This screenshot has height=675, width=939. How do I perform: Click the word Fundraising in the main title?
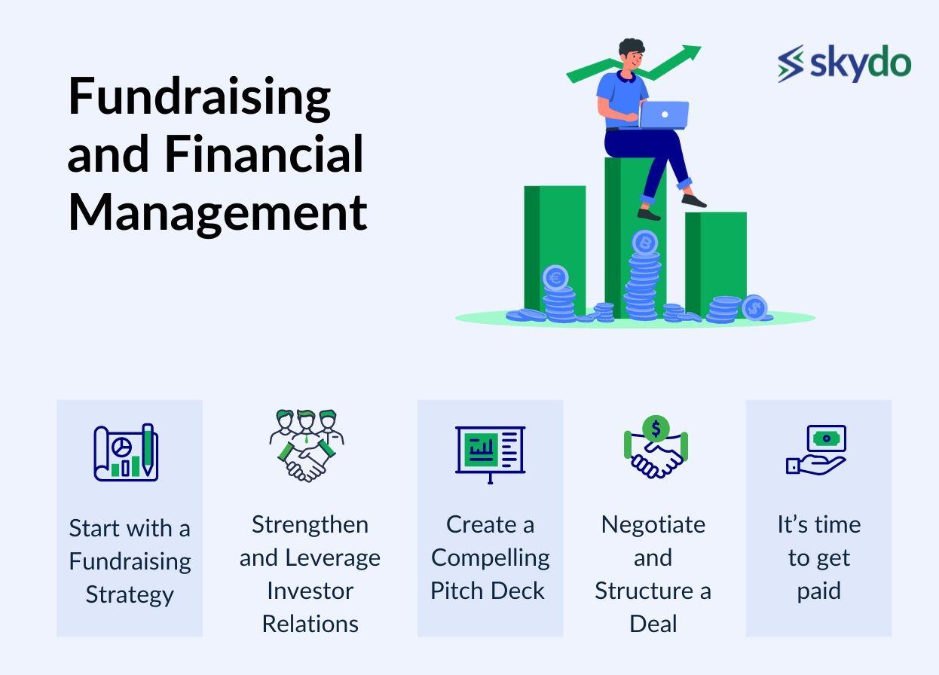coord(200,98)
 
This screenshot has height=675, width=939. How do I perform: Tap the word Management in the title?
coord(218,214)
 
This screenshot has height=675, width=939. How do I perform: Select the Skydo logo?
coord(844,64)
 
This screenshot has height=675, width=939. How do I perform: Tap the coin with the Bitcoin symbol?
coord(645,242)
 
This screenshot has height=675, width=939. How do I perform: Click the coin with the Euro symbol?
coord(556,277)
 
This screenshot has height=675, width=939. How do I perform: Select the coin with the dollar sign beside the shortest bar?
coord(754,307)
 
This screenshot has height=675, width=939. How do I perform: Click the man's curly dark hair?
coord(632,46)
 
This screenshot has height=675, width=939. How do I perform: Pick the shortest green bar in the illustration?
coord(716,264)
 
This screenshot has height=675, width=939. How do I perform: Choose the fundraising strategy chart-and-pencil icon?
coord(126,452)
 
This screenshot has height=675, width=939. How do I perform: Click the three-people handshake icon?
coord(307,445)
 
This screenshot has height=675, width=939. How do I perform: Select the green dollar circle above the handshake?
coord(656,429)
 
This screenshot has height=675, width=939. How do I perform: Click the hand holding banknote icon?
coord(816,450)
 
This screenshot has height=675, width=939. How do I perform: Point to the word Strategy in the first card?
coord(130,595)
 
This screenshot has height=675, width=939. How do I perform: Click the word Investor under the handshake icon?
coord(310,591)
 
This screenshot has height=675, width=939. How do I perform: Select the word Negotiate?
coord(653,525)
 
